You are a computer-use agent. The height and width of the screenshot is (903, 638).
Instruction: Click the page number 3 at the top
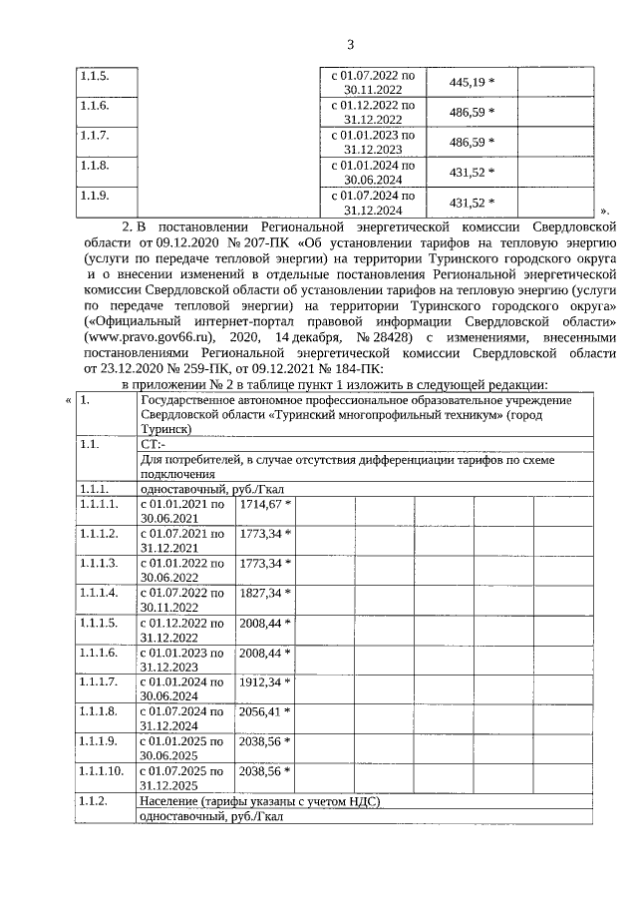click(350, 44)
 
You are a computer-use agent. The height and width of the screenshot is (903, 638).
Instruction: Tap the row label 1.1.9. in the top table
click(95, 195)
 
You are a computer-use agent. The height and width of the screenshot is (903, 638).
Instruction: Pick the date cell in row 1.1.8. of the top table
click(371, 172)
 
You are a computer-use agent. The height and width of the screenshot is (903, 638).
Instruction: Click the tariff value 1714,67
click(260, 505)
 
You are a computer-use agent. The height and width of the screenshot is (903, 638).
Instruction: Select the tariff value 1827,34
click(260, 592)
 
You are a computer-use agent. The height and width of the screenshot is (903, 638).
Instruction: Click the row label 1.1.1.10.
click(103, 770)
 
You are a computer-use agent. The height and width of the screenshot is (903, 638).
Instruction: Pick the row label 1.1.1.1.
click(100, 505)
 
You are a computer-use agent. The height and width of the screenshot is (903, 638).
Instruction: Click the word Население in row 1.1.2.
click(168, 800)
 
